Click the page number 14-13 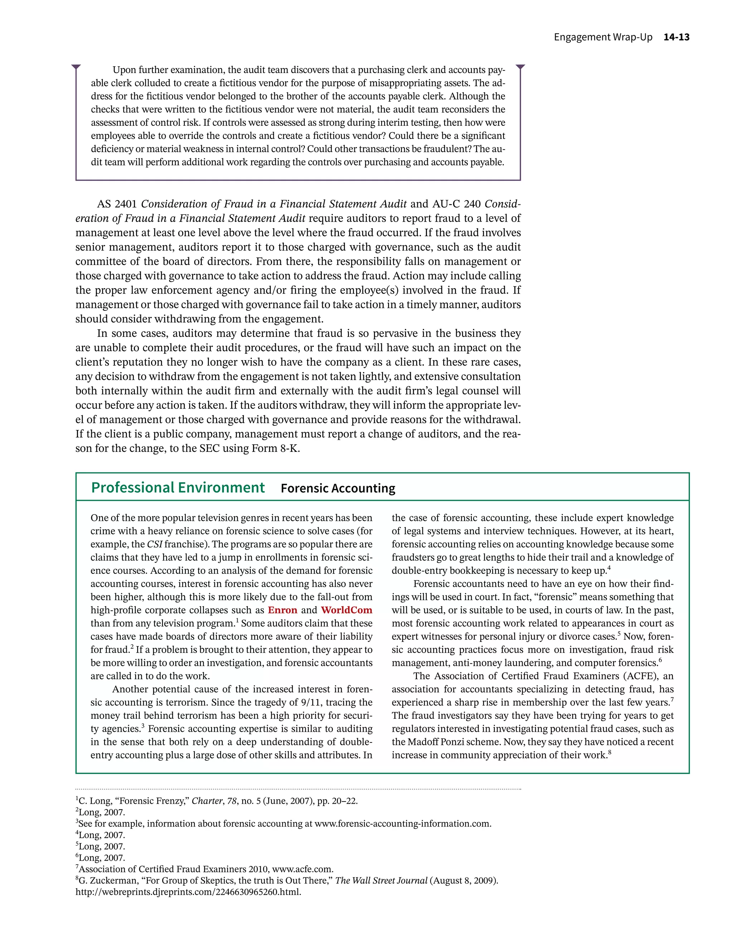676,37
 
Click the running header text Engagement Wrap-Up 602,37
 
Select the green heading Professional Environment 178,488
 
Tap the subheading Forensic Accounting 338,488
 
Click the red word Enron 282,610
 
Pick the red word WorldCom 346,610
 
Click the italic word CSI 155,545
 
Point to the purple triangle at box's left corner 76,67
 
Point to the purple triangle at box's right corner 520,67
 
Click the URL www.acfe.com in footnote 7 302,869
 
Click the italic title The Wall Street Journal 380,880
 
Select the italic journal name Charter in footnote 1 207,801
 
